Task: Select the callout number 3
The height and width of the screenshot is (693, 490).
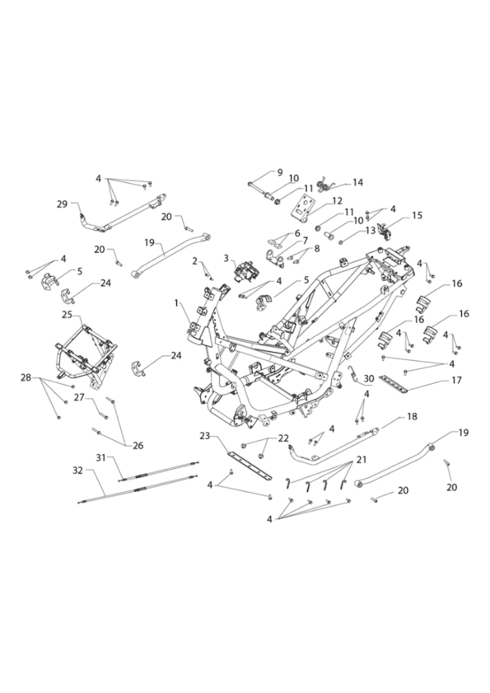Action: pos(226,258)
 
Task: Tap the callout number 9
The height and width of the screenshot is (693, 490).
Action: pos(279,172)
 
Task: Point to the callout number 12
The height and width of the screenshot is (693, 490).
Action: pos(337,201)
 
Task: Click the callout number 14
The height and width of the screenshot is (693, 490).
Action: pos(358,182)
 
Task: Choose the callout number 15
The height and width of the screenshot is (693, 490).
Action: pos(417,215)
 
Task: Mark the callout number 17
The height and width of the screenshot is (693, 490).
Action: pos(456,380)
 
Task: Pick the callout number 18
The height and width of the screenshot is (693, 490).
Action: pos(412,416)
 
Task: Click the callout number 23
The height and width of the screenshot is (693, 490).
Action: pos(204,436)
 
